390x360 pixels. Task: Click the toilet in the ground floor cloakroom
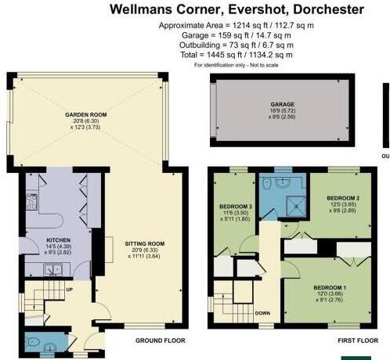coord(52,342)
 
